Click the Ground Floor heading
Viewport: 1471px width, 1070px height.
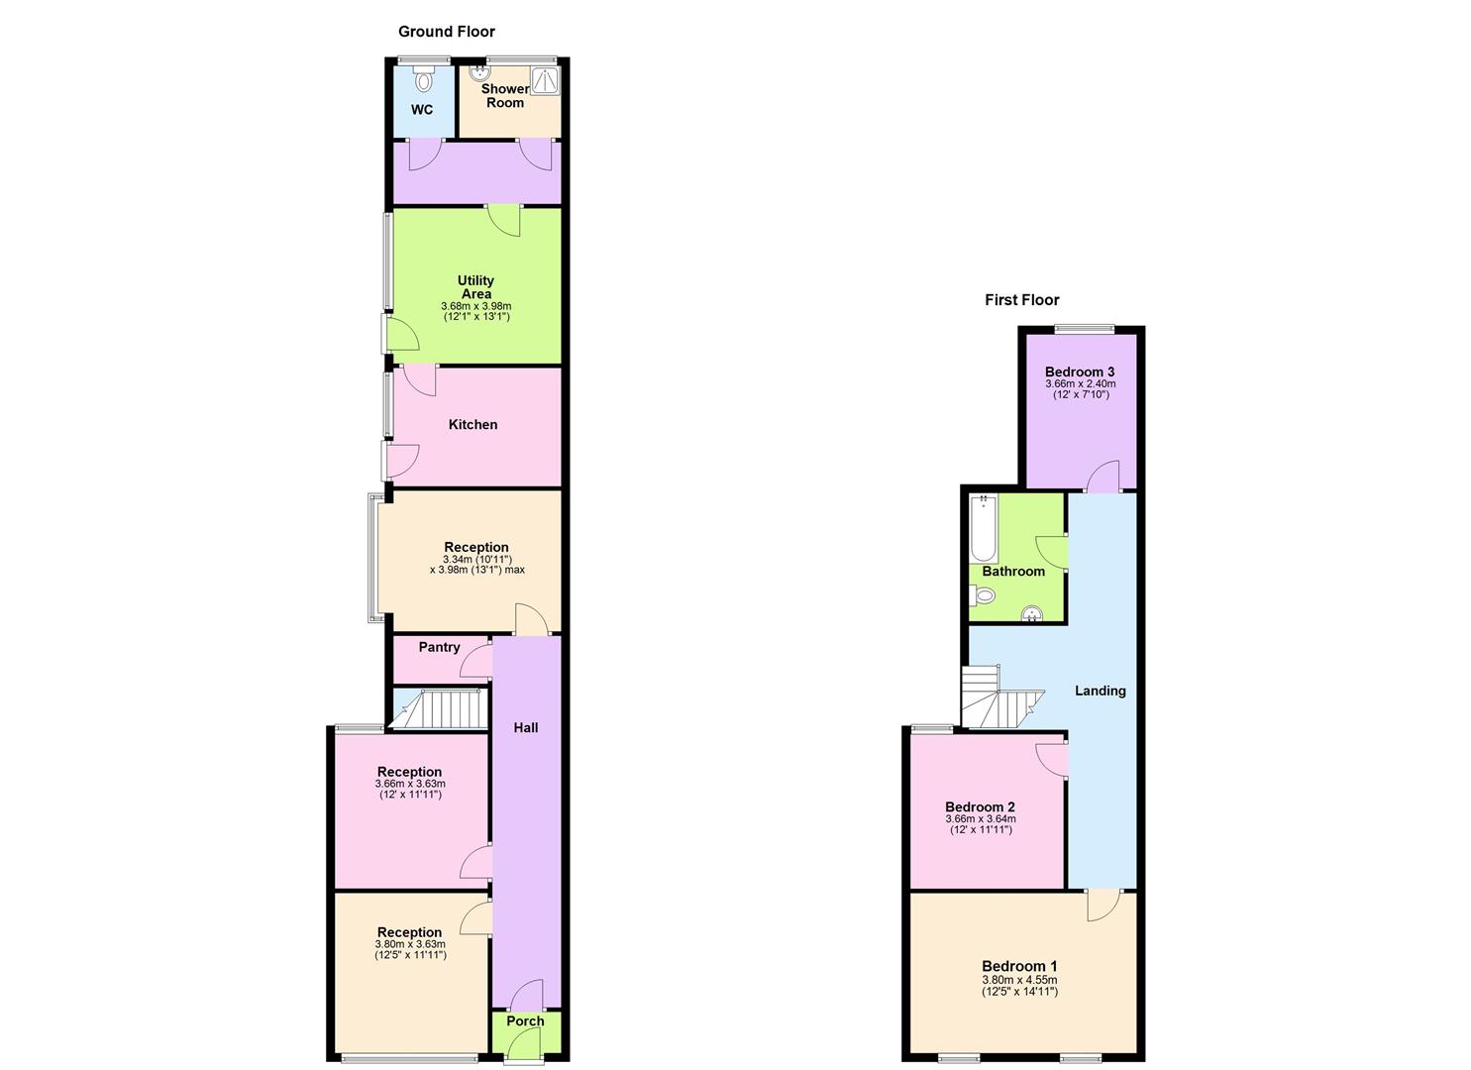point(446,32)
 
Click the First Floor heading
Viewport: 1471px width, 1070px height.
point(1021,300)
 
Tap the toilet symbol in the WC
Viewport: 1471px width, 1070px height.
point(424,79)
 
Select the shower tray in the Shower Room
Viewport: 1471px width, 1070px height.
point(545,80)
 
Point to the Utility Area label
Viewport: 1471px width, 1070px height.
point(475,287)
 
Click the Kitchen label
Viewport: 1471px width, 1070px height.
point(473,425)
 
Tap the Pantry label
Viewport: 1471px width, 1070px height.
point(439,648)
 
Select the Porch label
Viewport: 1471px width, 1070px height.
point(525,1021)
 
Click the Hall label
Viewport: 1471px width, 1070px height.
point(526,728)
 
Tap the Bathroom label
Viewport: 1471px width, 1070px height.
point(1013,572)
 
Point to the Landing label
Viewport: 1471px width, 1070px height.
point(1101,691)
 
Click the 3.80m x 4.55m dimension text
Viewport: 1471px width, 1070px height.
point(1019,980)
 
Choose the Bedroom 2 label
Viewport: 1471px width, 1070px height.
point(980,807)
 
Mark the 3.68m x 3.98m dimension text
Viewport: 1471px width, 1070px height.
point(475,306)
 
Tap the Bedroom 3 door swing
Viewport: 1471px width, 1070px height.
point(1104,478)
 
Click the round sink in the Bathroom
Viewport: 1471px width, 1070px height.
point(1032,614)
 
